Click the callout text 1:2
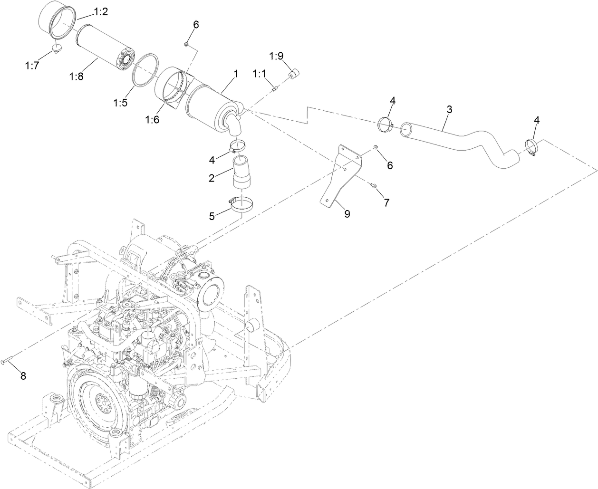coord(100,12)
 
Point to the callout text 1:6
coord(153,120)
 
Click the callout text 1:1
coord(260,74)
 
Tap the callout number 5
coord(212,215)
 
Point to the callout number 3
coord(449,109)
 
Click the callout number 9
coord(347,214)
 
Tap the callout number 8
coord(23,376)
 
